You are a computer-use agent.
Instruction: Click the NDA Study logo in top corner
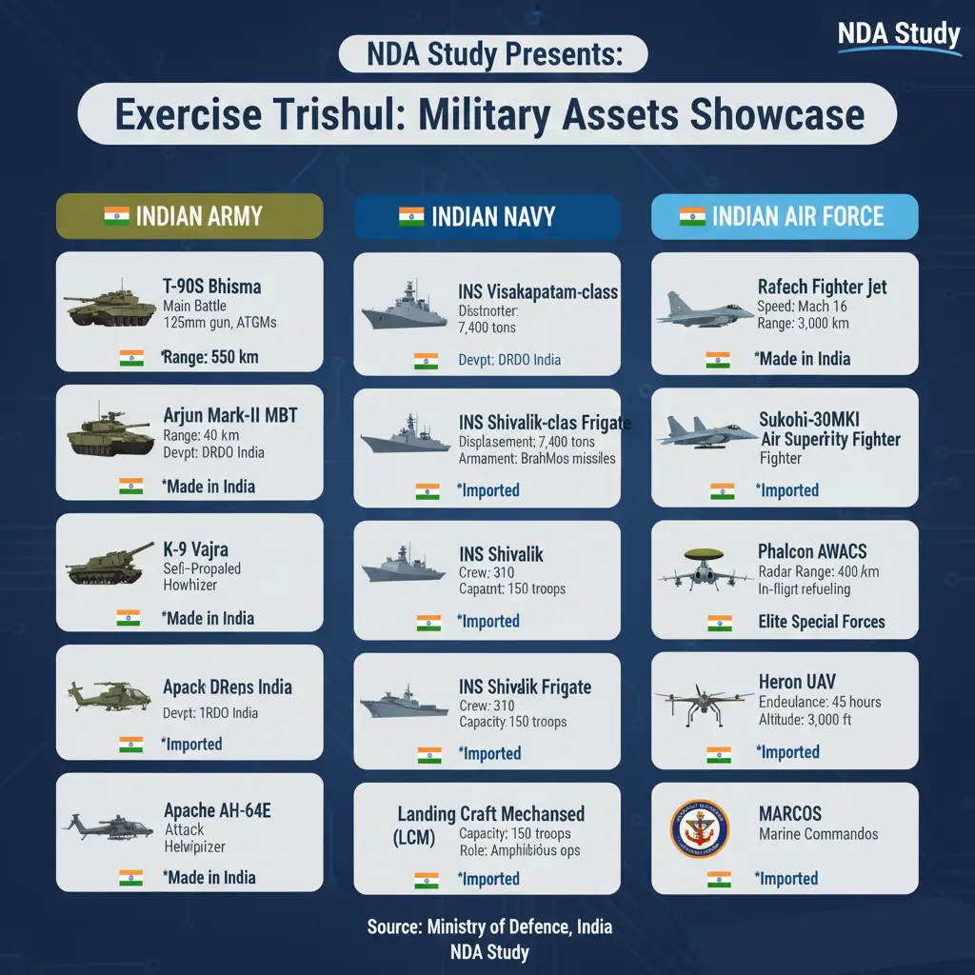(899, 36)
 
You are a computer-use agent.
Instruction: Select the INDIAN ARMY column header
(189, 215)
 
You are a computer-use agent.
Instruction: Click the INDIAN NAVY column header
(487, 216)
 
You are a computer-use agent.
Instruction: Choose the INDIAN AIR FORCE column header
(785, 216)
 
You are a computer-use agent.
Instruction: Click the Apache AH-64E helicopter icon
(106, 823)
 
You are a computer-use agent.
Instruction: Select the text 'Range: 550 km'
(210, 358)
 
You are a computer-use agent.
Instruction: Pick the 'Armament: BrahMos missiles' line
(537, 458)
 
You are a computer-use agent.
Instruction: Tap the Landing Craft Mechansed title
(490, 815)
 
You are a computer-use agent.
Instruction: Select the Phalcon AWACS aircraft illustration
(698, 568)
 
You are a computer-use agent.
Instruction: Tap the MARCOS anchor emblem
(698, 828)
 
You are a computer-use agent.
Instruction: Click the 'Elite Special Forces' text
(821, 622)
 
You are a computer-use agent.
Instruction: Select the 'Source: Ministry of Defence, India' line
(489, 926)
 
